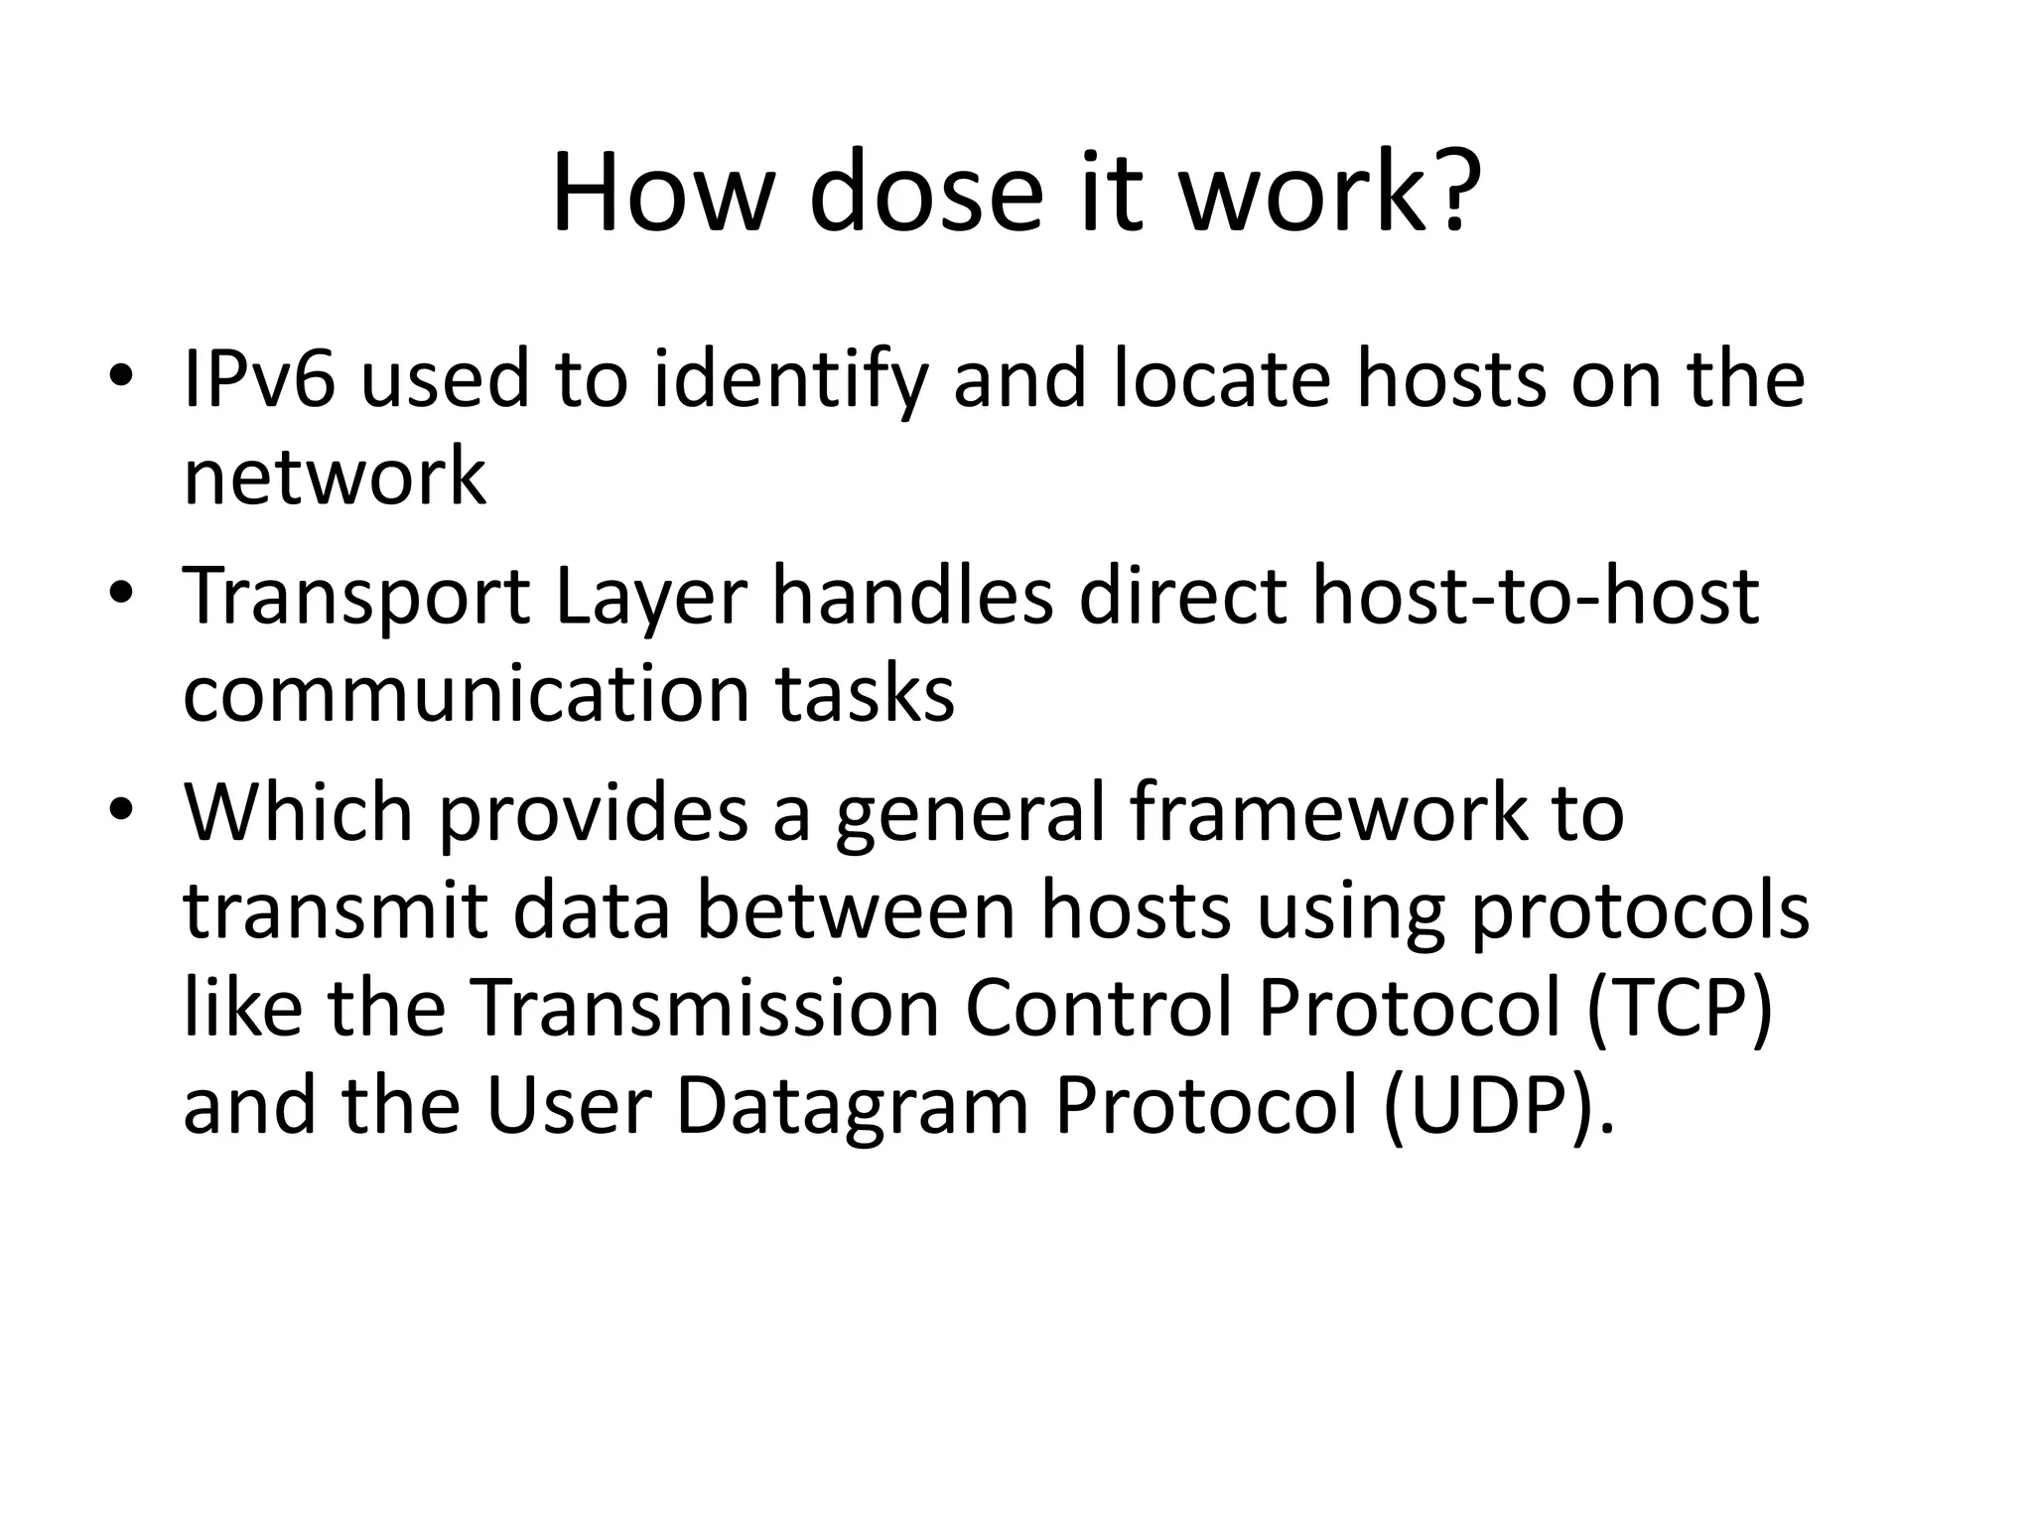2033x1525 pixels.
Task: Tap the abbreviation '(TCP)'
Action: [1679, 1009]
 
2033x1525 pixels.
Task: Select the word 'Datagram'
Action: [852, 1108]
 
